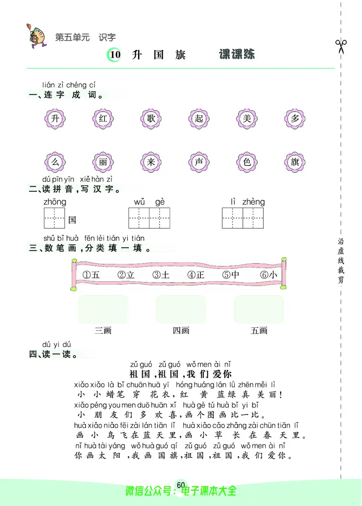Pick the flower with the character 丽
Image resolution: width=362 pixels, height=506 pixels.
tap(103, 162)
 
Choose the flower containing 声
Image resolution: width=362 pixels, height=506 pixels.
tap(199, 162)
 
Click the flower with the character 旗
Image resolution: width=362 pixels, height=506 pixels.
tap(295, 162)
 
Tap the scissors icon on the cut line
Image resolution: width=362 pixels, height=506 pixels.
tap(341, 46)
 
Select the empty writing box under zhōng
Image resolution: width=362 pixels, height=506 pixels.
tap(54, 218)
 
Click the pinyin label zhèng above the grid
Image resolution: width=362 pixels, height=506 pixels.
tap(253, 202)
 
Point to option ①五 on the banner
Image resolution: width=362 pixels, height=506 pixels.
tap(91, 274)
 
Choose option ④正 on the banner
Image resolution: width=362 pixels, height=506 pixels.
tap(196, 274)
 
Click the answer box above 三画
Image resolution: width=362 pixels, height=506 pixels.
tap(103, 309)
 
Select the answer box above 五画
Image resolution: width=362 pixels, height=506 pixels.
tap(259, 309)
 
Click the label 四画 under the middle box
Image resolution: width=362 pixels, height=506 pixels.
tap(181, 331)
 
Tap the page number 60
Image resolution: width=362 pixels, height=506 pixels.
tap(181, 485)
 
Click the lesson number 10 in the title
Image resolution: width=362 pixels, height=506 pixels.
tap(115, 55)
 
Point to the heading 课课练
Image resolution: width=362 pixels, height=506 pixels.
tap(237, 55)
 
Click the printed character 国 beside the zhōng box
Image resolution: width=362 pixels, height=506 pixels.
tap(72, 220)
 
